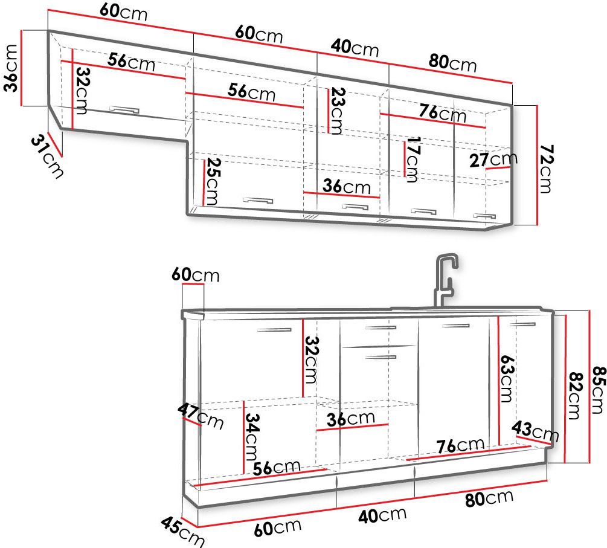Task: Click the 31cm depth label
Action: click(x=47, y=156)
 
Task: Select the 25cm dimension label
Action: click(x=212, y=181)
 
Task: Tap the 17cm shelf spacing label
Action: click(x=413, y=159)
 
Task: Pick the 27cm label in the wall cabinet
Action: click(x=493, y=159)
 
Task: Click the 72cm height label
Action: click(x=546, y=169)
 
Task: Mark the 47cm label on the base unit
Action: click(x=201, y=417)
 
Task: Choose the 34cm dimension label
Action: click(x=252, y=437)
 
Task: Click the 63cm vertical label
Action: click(x=506, y=379)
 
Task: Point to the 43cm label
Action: click(x=535, y=431)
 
